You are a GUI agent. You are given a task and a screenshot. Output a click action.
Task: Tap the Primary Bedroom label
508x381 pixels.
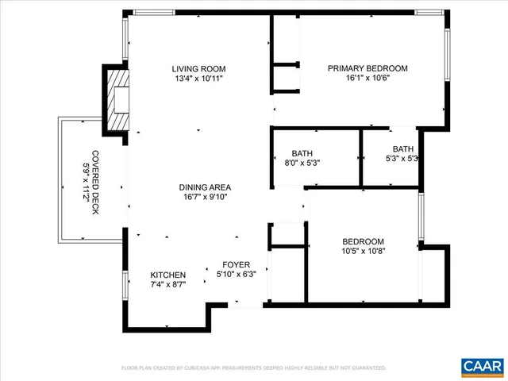point(368,68)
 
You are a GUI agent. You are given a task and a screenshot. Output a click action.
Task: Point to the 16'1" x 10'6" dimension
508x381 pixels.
point(368,79)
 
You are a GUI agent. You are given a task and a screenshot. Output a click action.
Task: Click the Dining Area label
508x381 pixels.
point(204,187)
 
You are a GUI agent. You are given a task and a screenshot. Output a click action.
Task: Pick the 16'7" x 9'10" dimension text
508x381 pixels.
point(204,198)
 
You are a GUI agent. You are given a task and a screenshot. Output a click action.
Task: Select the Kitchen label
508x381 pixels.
point(168,275)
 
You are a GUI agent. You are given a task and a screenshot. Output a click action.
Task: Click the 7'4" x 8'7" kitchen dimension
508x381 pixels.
point(168,284)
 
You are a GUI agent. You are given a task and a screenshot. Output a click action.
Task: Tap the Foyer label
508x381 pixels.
point(236,265)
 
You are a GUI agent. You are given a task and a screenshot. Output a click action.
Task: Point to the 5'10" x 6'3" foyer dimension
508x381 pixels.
point(236,275)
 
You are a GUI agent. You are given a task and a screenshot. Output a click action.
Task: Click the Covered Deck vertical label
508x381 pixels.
point(95,183)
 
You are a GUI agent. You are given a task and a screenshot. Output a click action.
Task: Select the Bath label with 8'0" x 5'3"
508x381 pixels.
point(302,152)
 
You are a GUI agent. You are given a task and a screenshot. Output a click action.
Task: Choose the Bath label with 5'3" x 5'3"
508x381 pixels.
point(403,148)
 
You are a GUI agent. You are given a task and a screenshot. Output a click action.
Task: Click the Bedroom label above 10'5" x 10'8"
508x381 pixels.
point(363,242)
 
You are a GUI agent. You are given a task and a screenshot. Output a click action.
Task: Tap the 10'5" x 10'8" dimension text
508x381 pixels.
point(363,252)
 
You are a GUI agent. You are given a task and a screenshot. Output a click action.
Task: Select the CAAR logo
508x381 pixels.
point(481,366)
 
